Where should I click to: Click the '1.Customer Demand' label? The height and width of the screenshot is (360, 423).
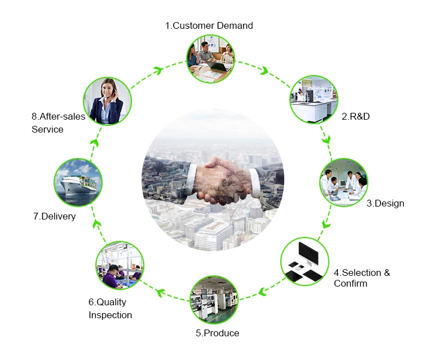[209, 25]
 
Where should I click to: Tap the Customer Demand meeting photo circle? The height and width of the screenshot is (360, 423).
[210, 58]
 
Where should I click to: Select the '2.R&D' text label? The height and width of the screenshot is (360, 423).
[356, 117]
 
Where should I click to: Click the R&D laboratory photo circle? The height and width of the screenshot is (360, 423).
[314, 100]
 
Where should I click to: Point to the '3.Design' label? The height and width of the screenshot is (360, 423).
[385, 203]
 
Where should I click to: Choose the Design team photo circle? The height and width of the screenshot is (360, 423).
[344, 182]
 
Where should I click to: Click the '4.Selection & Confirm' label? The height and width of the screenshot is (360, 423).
[362, 278]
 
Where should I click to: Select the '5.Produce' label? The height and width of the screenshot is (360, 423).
[217, 333]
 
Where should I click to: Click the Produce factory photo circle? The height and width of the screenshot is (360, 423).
[215, 300]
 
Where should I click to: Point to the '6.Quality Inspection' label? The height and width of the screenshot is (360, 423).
[110, 309]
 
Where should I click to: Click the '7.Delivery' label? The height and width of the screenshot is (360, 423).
[54, 216]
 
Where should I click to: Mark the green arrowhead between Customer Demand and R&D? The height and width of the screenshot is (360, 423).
[264, 71]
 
